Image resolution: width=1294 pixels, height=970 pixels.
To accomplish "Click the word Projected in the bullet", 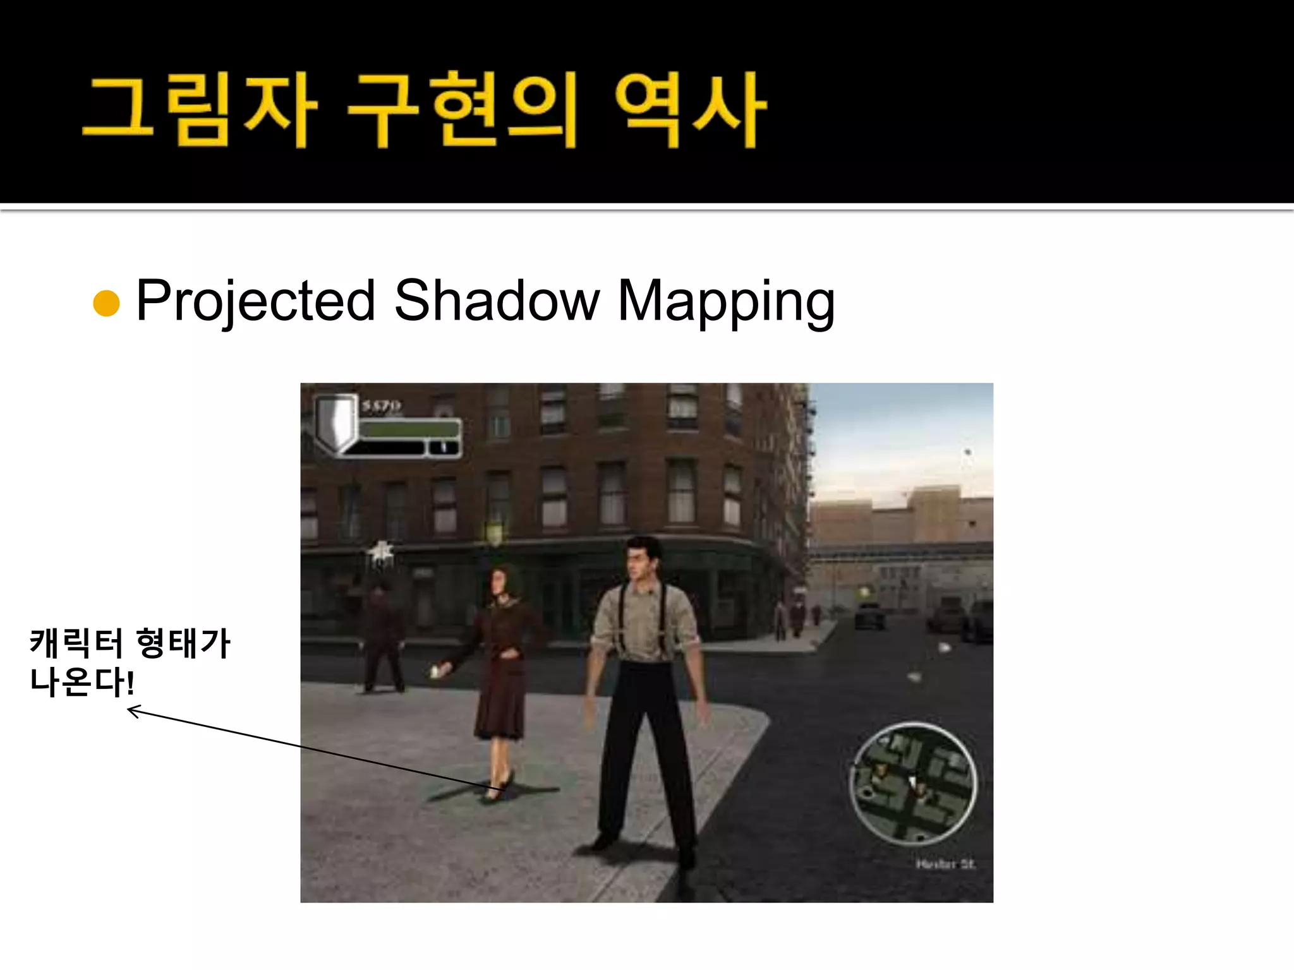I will point(255,301).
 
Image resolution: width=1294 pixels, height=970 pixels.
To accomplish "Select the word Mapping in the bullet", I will point(725,301).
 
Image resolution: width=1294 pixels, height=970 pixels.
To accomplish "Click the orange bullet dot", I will point(106,303).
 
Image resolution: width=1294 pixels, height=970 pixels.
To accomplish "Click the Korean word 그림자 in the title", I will point(200,110).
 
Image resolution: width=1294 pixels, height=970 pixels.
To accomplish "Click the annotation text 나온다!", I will point(82,683).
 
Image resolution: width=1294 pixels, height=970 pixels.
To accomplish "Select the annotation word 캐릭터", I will point(76,644).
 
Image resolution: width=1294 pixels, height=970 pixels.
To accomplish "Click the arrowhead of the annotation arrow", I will point(131,711).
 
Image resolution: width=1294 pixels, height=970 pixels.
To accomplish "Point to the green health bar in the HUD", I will point(409,429).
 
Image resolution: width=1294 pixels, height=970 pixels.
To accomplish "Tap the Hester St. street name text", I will point(945,863).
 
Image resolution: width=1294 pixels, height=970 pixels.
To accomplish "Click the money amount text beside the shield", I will point(381,405).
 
